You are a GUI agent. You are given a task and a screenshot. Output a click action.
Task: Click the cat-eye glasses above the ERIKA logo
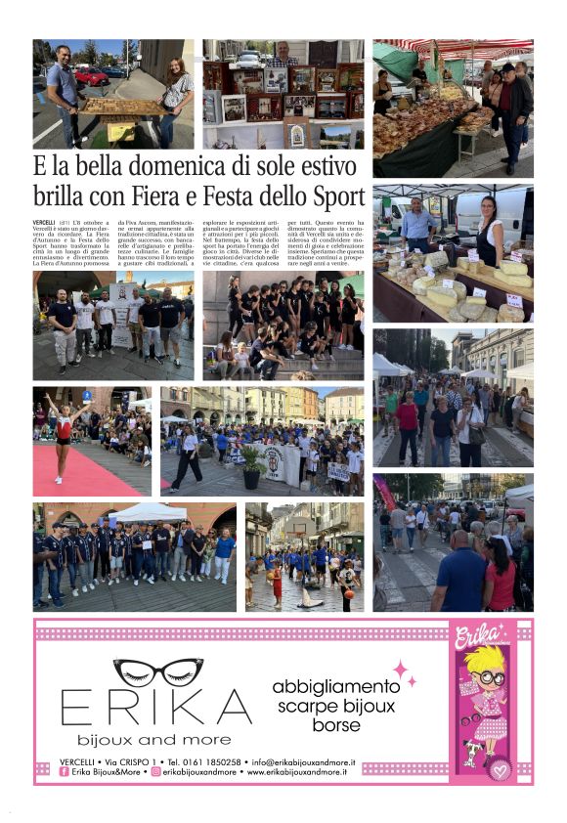[x=157, y=671]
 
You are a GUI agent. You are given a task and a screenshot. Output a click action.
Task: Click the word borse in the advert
[x=336, y=725]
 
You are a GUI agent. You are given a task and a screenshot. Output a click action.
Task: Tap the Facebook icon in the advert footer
[x=64, y=772]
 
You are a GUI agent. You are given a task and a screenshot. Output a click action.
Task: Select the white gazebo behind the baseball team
[x=148, y=512]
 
